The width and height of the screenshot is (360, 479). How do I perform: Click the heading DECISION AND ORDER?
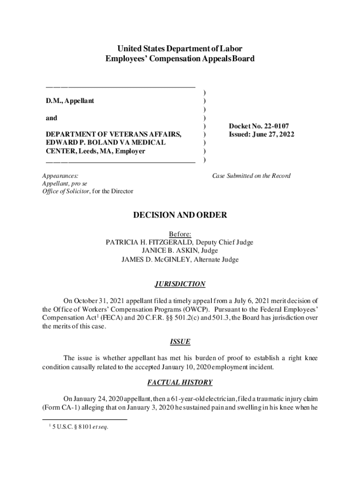(x=180, y=215)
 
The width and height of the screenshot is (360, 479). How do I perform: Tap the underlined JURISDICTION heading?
(x=180, y=284)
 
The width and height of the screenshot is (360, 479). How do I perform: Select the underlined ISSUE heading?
(x=180, y=342)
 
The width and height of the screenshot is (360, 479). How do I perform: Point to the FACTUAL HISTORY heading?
(x=180, y=383)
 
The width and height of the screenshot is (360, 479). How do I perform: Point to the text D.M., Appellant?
(x=70, y=101)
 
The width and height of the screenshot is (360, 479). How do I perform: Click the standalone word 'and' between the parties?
(x=51, y=118)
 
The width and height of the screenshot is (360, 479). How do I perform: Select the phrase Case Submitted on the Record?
(x=251, y=176)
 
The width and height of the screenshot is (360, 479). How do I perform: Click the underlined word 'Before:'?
(x=180, y=234)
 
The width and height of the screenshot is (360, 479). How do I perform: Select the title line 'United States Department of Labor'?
(x=180, y=49)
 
